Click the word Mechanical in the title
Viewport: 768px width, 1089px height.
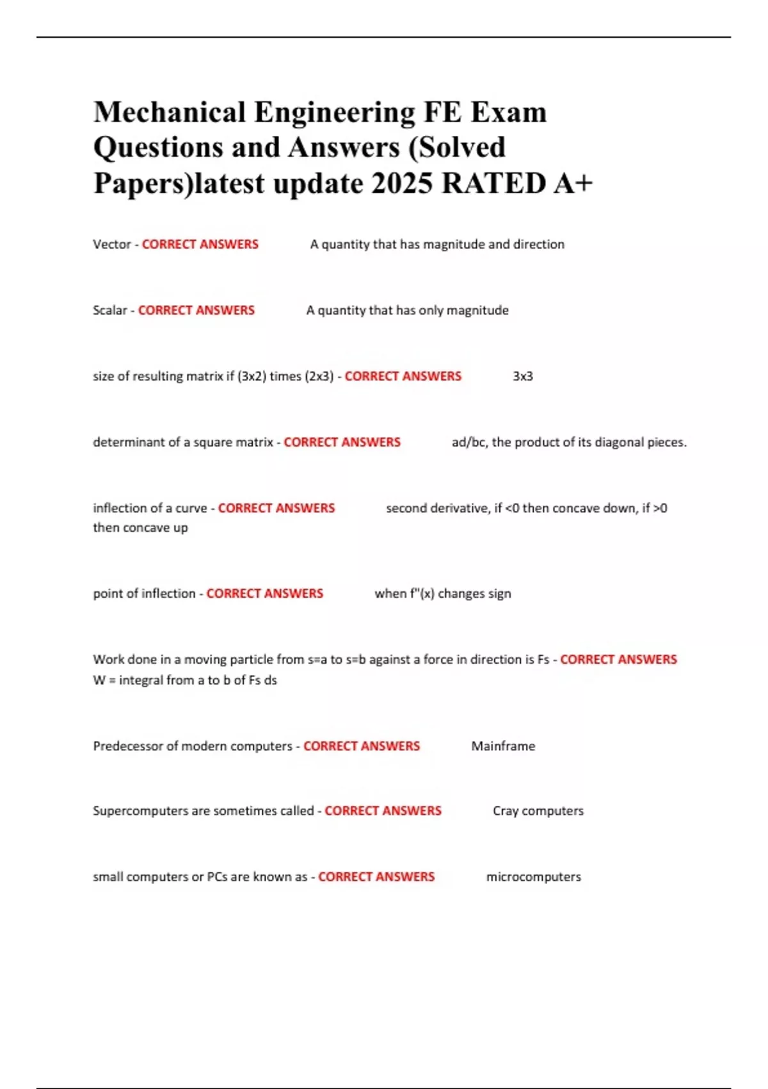point(169,113)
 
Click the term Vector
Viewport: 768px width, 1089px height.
point(111,244)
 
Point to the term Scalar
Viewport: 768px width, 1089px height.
point(109,310)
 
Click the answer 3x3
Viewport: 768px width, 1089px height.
point(522,376)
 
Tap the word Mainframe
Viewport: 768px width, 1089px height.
point(503,746)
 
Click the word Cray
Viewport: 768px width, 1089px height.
point(505,811)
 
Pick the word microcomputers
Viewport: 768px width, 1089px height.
point(533,876)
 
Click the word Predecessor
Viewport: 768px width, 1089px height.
point(128,746)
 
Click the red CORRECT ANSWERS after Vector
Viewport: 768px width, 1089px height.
point(200,244)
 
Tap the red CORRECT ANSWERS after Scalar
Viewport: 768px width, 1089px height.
point(196,310)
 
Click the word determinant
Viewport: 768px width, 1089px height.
point(129,442)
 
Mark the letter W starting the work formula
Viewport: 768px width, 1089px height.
point(99,680)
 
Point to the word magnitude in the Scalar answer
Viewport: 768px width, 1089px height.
point(477,310)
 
